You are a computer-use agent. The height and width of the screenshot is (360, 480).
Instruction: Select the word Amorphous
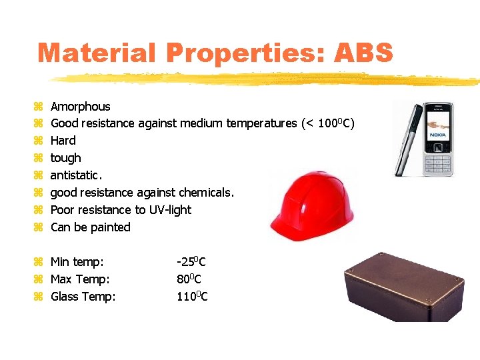point(81,107)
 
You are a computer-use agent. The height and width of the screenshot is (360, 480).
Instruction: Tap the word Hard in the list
point(63,141)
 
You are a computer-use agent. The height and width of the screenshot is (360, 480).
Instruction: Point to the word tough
point(66,158)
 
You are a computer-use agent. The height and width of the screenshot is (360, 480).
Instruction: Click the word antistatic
point(77,175)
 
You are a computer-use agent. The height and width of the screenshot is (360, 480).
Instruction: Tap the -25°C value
point(191,262)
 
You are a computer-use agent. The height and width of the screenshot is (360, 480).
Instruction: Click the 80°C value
point(189,279)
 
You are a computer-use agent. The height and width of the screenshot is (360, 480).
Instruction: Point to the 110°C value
point(192,297)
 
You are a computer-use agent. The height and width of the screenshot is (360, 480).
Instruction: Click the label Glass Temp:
point(83,297)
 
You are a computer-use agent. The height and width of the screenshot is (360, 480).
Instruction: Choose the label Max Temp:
point(80,279)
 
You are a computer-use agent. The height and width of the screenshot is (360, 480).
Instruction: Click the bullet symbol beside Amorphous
point(38,107)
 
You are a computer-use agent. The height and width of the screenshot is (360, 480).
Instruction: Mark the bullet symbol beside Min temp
point(38,262)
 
